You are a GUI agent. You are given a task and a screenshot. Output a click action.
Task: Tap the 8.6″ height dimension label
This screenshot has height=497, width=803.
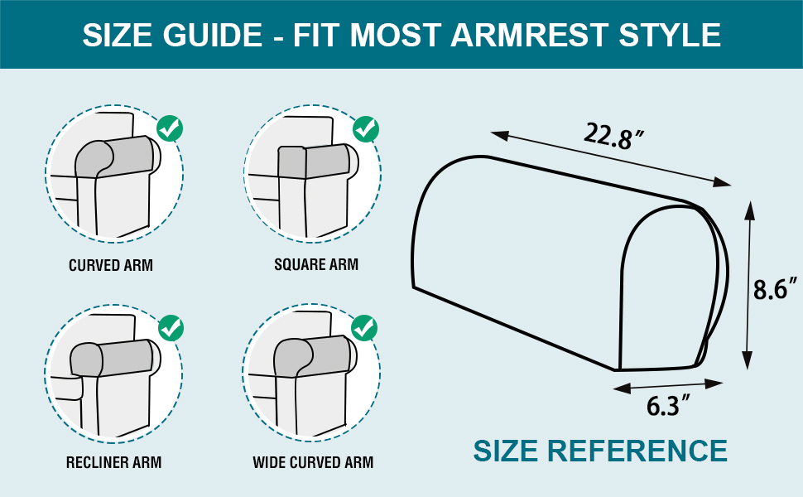pyautogui.click(x=776, y=290)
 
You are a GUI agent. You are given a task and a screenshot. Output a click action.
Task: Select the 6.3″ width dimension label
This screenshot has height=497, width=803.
pyautogui.click(x=669, y=407)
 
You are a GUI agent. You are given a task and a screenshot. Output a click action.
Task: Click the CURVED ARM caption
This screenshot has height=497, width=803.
pyautogui.click(x=111, y=266)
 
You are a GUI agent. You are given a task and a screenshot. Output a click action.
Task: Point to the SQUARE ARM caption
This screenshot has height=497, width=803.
pyautogui.click(x=316, y=265)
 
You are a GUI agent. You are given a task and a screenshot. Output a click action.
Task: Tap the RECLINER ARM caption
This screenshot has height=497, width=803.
pyautogui.click(x=113, y=462)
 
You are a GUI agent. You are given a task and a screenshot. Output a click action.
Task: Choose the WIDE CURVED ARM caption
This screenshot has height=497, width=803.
pyautogui.click(x=313, y=462)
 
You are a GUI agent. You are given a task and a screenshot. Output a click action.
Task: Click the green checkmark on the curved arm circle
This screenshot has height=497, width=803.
pyautogui.click(x=170, y=128)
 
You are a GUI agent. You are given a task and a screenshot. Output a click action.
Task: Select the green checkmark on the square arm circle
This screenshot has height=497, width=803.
pyautogui.click(x=365, y=129)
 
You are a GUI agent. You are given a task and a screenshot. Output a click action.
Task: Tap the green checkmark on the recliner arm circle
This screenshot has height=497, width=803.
pyautogui.click(x=171, y=327)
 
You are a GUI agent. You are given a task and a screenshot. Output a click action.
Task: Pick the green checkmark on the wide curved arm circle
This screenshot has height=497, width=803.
pyautogui.click(x=364, y=327)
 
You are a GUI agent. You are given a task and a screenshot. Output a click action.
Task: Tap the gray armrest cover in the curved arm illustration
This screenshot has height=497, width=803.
pyautogui.click(x=116, y=157)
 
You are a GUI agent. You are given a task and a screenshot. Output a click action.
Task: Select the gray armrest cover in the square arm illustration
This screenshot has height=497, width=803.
pyautogui.click(x=315, y=161)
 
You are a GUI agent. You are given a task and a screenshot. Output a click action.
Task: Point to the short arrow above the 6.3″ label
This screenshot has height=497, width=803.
pyautogui.click(x=669, y=385)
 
